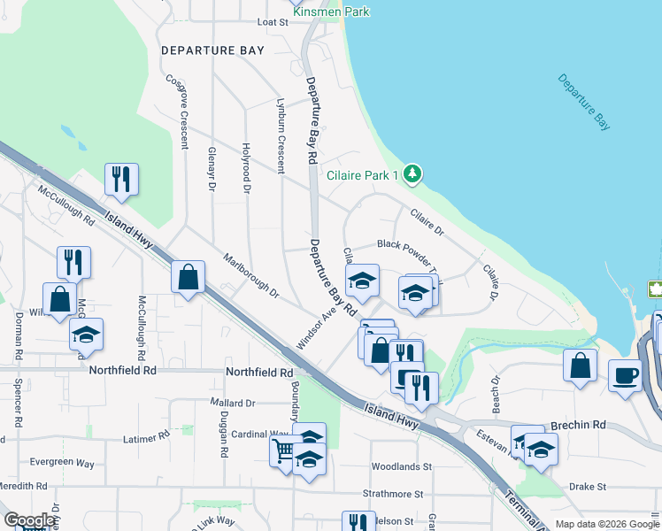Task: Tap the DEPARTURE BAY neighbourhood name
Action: [x=212, y=50]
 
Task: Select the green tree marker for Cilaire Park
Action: [x=412, y=174]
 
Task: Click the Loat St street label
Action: [x=273, y=22]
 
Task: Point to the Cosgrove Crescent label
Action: [x=178, y=110]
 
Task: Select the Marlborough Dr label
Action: [x=250, y=276]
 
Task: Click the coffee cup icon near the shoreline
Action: [x=626, y=374]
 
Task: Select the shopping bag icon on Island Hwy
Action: [x=189, y=277]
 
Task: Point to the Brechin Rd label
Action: [x=577, y=425]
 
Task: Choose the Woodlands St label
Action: [x=401, y=466]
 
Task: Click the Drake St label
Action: [x=587, y=487]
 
